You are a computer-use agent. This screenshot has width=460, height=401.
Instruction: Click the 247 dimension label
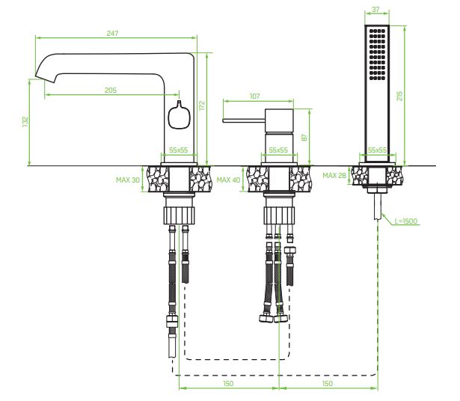112,33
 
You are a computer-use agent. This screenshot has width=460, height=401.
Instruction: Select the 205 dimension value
111,91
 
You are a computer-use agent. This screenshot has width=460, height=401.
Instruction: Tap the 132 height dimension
25,122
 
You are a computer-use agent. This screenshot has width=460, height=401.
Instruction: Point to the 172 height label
201,105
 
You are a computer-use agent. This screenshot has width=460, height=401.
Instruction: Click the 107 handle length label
254,97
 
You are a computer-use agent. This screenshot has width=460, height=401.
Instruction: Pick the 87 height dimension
304,138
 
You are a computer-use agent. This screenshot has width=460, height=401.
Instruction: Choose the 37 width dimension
375,10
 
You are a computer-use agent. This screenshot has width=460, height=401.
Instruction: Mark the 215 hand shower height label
399,96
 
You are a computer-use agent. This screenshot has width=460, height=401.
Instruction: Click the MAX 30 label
128,180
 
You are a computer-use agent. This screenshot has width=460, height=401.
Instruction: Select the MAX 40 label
228,180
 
